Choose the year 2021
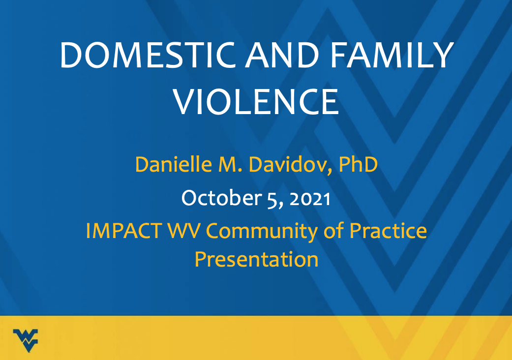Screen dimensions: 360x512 (x=310, y=198)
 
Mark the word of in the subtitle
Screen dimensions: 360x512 (x=334, y=231)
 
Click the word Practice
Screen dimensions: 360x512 (x=389, y=231)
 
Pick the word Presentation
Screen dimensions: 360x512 (x=256, y=259)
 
